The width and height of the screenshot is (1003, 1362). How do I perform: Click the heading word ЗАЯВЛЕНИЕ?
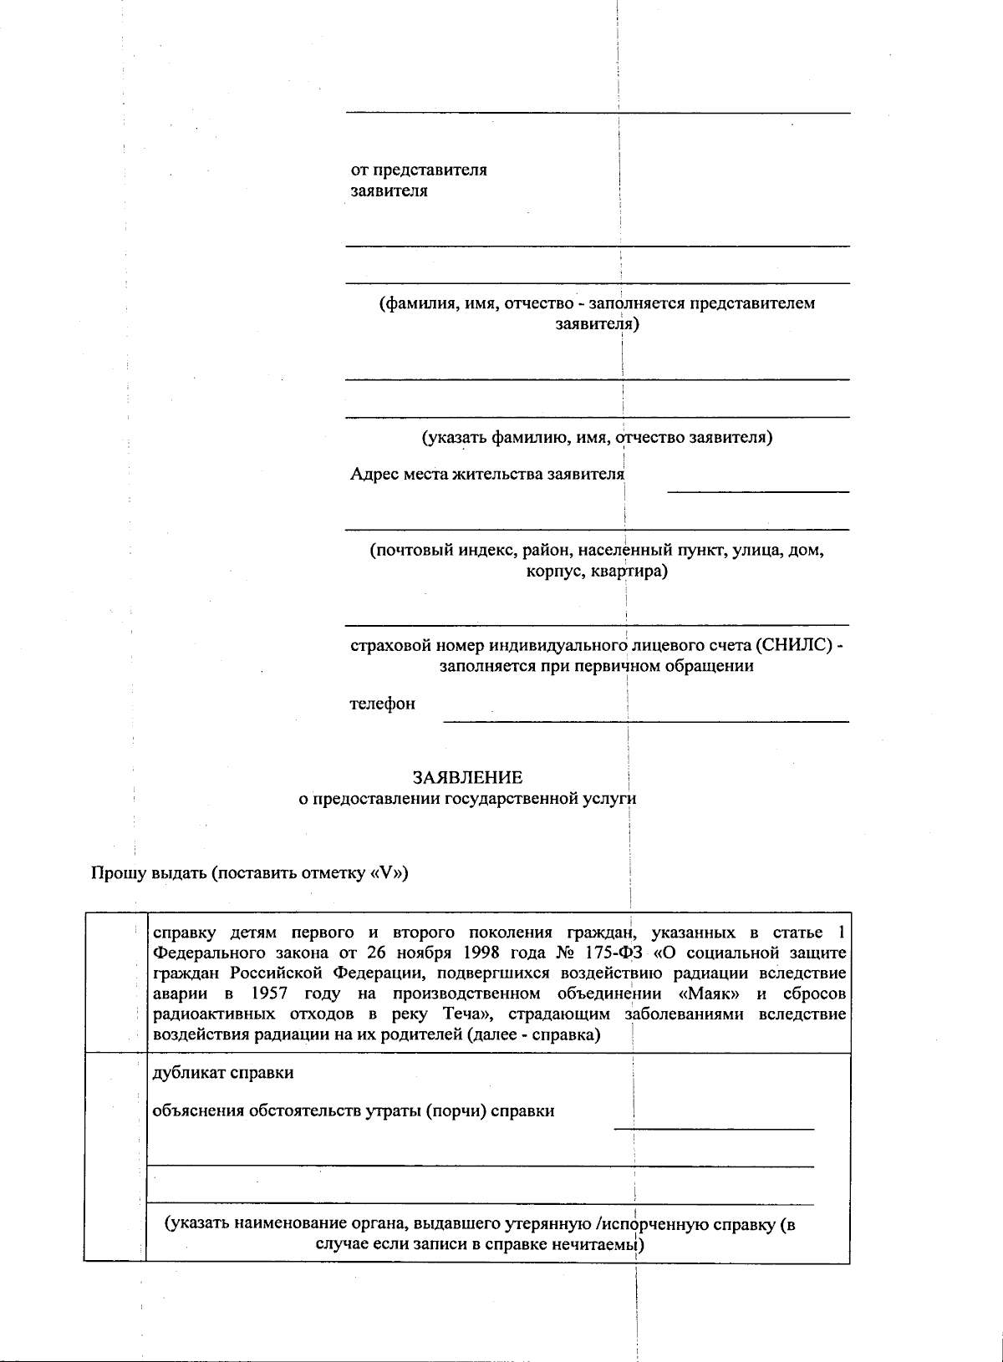tap(467, 777)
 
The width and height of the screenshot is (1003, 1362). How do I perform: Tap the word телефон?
tap(382, 704)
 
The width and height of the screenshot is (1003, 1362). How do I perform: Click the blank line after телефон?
tap(645, 719)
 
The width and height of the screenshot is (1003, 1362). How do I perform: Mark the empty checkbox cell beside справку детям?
tap(115, 983)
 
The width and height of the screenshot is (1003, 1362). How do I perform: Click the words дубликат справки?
tap(223, 1072)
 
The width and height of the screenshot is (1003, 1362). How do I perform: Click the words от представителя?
tap(419, 170)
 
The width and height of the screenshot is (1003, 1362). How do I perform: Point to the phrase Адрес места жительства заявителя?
tap(486, 475)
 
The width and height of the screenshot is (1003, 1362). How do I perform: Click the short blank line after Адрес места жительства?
tap(757, 491)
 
